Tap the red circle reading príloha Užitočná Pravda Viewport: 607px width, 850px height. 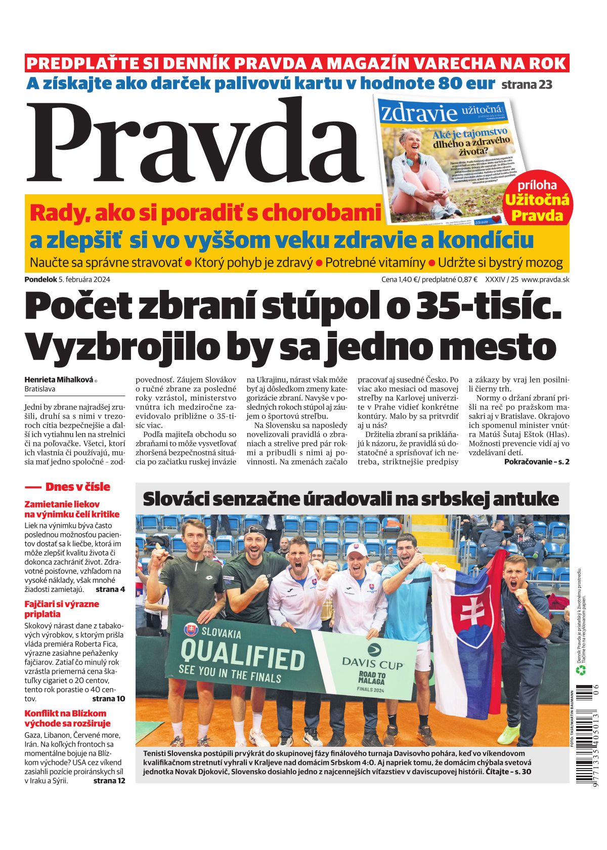click(537, 201)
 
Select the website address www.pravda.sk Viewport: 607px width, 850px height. click(545, 279)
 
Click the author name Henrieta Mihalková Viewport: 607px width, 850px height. click(59, 379)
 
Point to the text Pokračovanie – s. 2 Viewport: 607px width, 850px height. click(537, 461)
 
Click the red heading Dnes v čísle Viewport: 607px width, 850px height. click(77, 487)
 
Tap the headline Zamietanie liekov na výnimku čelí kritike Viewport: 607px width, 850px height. click(72, 509)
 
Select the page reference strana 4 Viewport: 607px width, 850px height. click(110, 589)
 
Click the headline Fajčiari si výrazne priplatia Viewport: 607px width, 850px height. click(62, 609)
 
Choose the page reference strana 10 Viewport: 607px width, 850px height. click(108, 698)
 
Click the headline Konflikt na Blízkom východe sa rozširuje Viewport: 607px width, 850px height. click(67, 718)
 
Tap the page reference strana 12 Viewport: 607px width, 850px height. click(109, 780)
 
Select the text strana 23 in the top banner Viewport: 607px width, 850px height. click(527, 84)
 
